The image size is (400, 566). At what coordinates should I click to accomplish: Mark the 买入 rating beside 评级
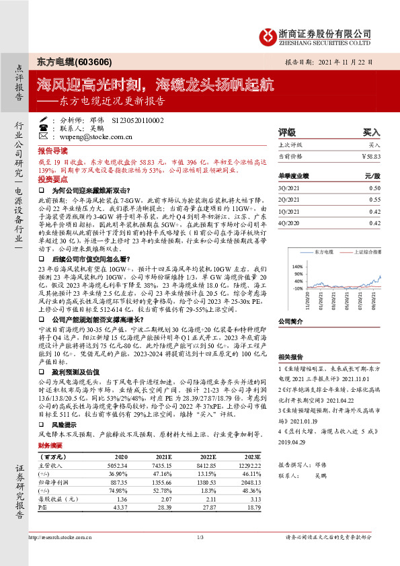371,132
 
